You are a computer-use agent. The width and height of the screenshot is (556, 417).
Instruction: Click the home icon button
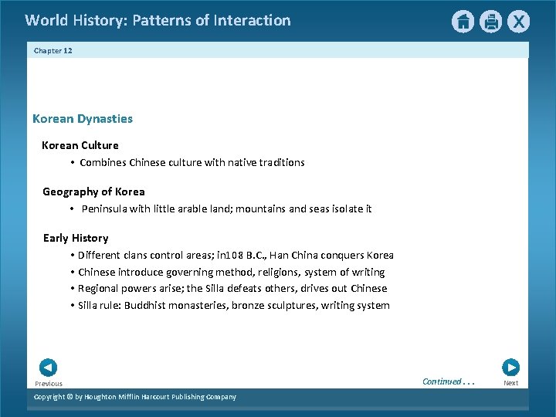coord(463,22)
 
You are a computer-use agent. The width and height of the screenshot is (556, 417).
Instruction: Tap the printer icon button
coord(490,22)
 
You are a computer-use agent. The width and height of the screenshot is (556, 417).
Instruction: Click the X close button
coord(518,22)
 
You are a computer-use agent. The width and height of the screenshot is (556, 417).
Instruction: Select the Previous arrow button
coord(48,368)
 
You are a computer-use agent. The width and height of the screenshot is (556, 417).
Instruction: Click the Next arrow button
coord(510,368)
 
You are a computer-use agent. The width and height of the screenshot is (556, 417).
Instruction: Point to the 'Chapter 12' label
coord(53,50)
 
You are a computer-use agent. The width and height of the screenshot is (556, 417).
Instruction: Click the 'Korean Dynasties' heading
coord(83,119)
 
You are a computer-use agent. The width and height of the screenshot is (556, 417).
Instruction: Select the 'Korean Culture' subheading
coord(80,145)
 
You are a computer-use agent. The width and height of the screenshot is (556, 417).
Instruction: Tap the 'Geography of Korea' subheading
coord(93,192)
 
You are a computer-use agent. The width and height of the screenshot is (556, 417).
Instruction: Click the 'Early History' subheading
coord(76,238)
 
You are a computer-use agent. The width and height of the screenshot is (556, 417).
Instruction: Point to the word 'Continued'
coord(442,381)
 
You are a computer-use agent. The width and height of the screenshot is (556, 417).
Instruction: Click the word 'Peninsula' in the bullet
coord(105,209)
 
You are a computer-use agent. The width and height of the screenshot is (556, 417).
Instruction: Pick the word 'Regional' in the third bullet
coord(99,289)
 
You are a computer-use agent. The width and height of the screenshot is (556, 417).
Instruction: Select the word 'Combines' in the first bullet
coord(103,163)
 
